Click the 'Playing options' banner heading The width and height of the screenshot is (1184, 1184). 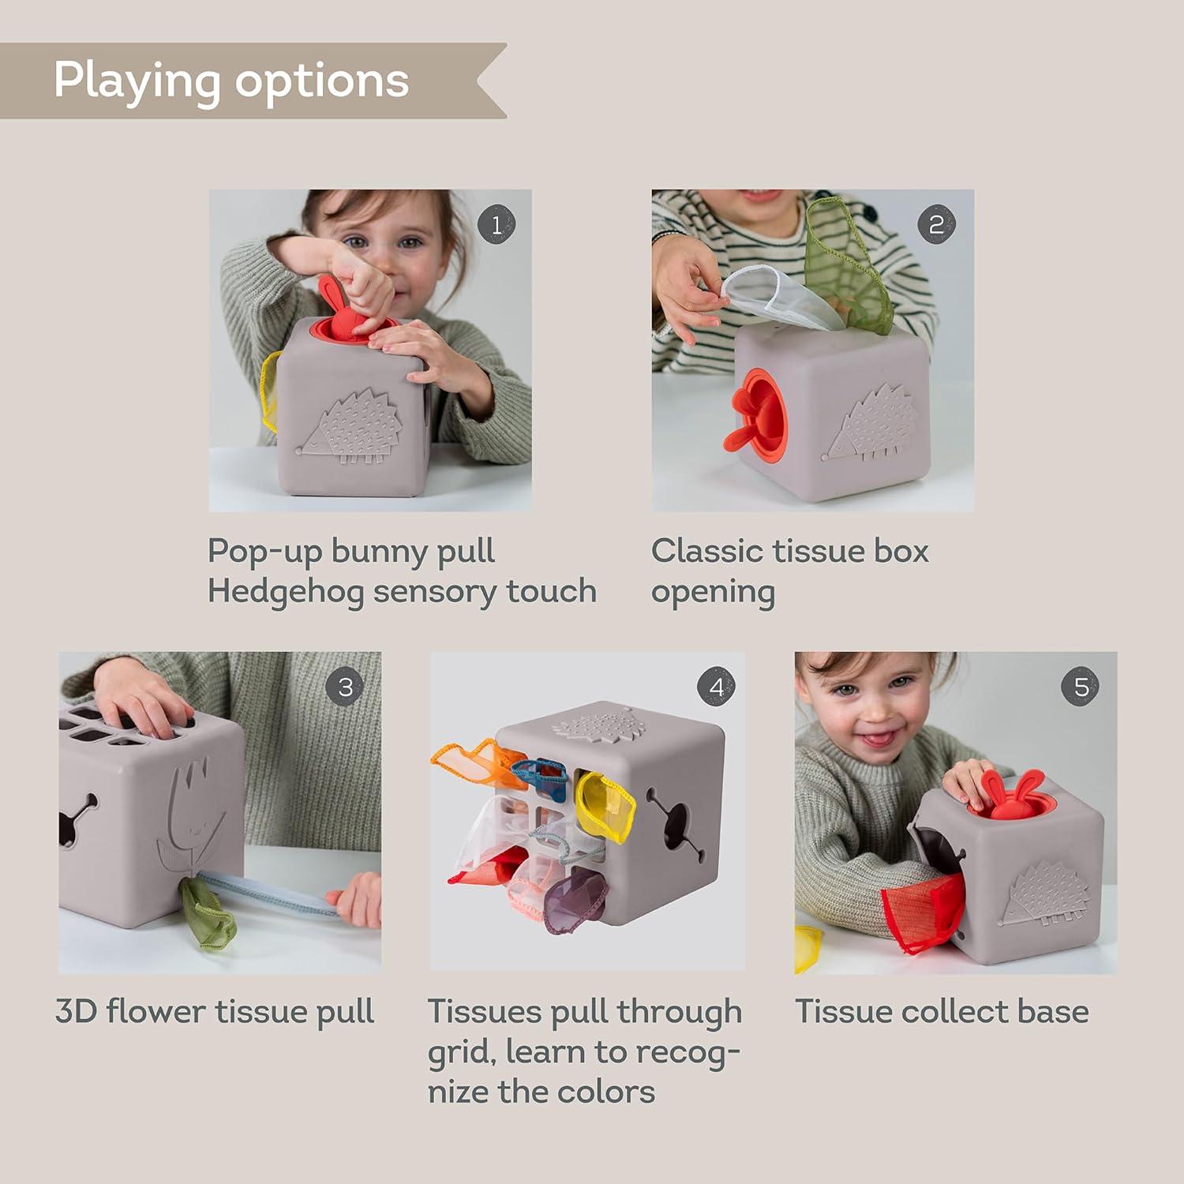230,80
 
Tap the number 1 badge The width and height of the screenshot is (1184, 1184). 496,225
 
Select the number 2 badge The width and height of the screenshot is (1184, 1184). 936,225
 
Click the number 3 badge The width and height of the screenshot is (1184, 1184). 345,687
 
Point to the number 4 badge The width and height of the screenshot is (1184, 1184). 716,687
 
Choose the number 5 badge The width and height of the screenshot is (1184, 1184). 1081,687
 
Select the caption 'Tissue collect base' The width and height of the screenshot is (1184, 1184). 941,1011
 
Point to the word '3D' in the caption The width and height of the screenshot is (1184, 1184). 75,1011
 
